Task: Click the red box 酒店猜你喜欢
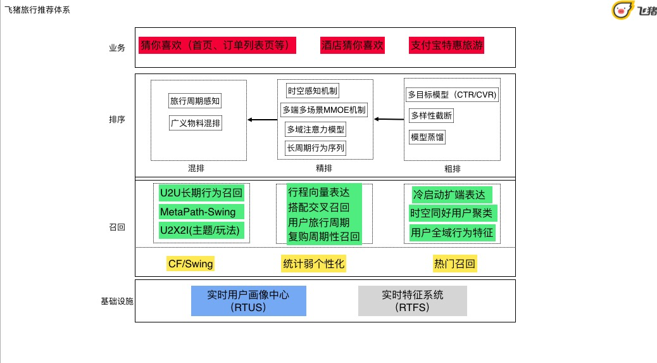click(353, 45)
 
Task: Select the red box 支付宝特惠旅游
click(447, 45)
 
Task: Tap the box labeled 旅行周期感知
click(195, 101)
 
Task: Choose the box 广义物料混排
click(195, 124)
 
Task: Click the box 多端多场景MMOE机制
click(324, 110)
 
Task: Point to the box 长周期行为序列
click(315, 148)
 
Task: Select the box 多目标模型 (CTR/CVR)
click(452, 95)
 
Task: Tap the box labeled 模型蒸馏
click(427, 137)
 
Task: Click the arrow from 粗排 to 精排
click(389, 120)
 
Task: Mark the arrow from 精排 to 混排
click(262, 120)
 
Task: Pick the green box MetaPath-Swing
click(198, 212)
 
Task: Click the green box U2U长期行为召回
click(201, 193)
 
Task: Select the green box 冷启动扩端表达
click(452, 195)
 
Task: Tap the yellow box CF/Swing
click(191, 264)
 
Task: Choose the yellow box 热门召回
click(454, 264)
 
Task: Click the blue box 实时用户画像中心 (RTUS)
click(249, 301)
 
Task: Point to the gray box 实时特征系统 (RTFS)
click(412, 301)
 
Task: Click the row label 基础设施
click(117, 302)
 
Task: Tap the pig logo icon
click(622, 10)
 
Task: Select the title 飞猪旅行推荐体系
click(37, 10)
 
